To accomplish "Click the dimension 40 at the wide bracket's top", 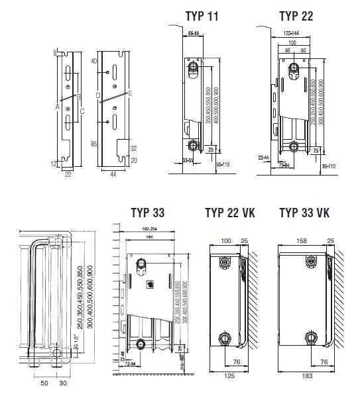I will coord(93,61).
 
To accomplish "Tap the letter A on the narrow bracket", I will coord(58,106).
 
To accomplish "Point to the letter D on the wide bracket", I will coord(97,97).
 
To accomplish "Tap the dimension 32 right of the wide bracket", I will coord(133,149).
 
